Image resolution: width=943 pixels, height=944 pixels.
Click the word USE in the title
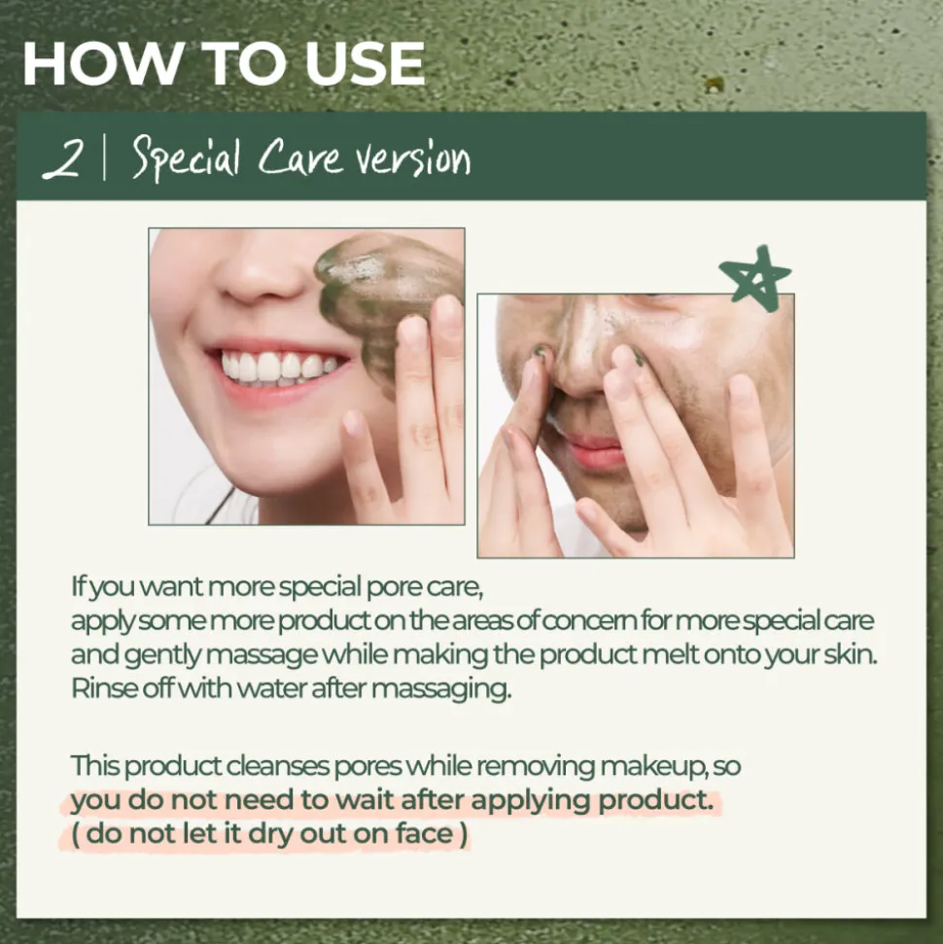pos(365,63)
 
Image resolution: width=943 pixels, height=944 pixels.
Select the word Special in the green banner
pos(187,159)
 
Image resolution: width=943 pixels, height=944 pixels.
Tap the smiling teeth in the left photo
pos(278,367)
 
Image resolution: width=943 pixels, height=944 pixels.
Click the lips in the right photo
pos(590,450)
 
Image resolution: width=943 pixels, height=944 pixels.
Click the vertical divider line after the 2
pos(104,158)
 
